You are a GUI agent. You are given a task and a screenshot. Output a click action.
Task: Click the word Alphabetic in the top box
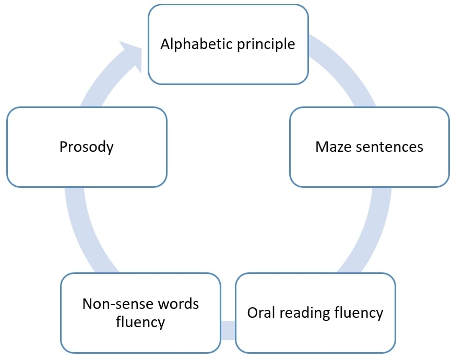[197, 44]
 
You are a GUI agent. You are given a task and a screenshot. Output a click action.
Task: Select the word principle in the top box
[266, 45]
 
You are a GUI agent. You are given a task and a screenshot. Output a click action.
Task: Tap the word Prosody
[87, 147]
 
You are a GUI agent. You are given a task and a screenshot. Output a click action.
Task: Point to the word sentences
[389, 147]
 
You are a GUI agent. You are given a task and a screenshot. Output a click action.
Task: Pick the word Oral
[261, 313]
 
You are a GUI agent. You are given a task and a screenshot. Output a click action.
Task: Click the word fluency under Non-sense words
[140, 322]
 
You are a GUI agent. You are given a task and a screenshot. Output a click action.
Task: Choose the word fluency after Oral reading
[359, 314]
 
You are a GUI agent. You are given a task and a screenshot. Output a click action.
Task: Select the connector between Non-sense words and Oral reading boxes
[228, 330]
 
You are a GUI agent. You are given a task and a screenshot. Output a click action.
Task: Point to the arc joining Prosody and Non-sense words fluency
[84, 231]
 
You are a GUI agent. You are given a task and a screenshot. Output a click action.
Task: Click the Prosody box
[87, 147]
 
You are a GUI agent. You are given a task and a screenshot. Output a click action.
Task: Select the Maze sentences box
[370, 147]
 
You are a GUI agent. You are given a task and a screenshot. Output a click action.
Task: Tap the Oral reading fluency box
[315, 313]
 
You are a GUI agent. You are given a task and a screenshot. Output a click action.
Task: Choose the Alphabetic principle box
[228, 44]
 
